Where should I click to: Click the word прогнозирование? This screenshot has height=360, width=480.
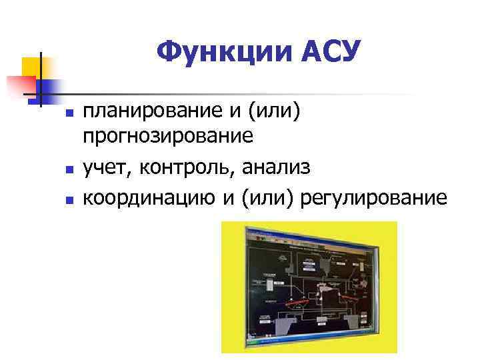[x=167, y=137]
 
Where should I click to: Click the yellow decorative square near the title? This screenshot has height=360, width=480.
[x=31, y=66]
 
